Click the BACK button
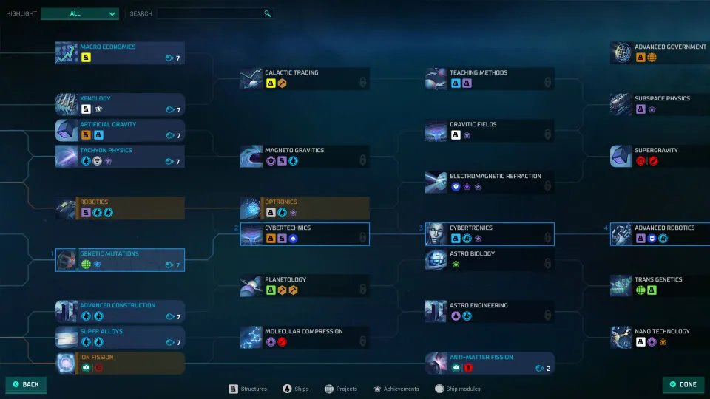coord(27,384)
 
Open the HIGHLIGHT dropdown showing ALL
coord(80,13)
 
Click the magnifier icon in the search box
coord(268,13)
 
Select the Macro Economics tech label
coord(108,47)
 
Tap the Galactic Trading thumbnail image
coord(251,79)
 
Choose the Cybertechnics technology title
coord(288,228)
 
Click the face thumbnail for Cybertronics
coord(436,234)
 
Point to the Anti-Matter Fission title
coord(481,357)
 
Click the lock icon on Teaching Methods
coord(547,82)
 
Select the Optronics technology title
coord(281,202)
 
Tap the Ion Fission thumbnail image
coord(66,364)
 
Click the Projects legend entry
coord(341,389)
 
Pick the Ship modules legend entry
coord(457,389)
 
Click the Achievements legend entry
coord(396,389)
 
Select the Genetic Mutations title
coord(109,253)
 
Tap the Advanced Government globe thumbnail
coord(621,53)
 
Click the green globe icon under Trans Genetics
coord(640,290)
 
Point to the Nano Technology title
coord(662,331)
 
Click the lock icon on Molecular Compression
coord(362,341)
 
